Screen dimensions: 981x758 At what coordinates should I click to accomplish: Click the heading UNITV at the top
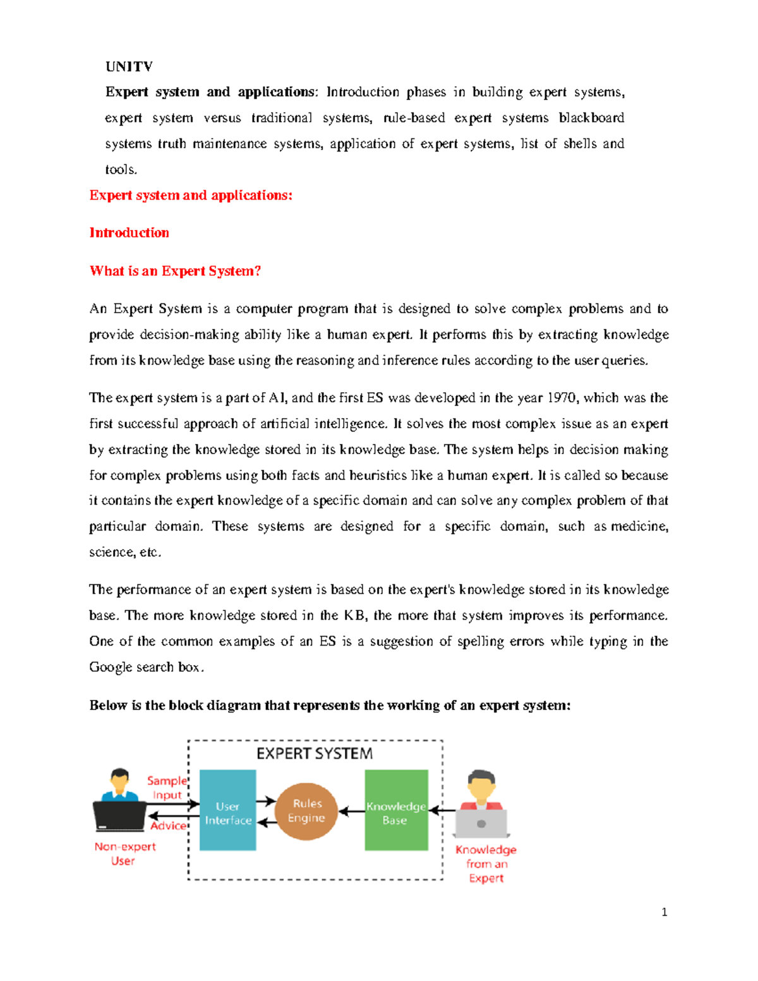coord(129,67)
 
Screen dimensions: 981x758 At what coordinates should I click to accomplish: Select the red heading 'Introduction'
coord(129,232)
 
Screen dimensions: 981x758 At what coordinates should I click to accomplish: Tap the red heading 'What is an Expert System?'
coord(175,271)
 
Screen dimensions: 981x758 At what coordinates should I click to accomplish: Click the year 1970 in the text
coord(562,398)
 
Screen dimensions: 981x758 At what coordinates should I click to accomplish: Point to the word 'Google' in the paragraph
coord(111,667)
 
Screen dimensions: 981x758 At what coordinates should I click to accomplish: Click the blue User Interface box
coord(228,810)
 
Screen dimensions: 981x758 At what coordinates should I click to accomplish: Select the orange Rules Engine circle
coord(306,811)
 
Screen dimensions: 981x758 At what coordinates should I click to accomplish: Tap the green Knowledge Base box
coord(396,810)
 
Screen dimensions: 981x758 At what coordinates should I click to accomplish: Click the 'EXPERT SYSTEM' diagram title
coord(314,754)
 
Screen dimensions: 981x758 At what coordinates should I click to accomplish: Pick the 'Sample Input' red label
coord(167,788)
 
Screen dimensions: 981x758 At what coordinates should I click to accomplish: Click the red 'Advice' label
coord(168,826)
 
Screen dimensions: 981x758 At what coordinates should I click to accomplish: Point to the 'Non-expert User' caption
coord(124,853)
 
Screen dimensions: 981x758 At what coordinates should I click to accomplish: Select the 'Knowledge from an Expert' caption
coord(486,864)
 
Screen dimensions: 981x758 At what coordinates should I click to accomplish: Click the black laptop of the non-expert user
coord(119,815)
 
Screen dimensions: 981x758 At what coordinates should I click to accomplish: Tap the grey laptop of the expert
coord(481,823)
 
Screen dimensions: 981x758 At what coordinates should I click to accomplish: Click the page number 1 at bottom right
coord(664,912)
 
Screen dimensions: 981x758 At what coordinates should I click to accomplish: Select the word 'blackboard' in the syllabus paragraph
coord(591,118)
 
